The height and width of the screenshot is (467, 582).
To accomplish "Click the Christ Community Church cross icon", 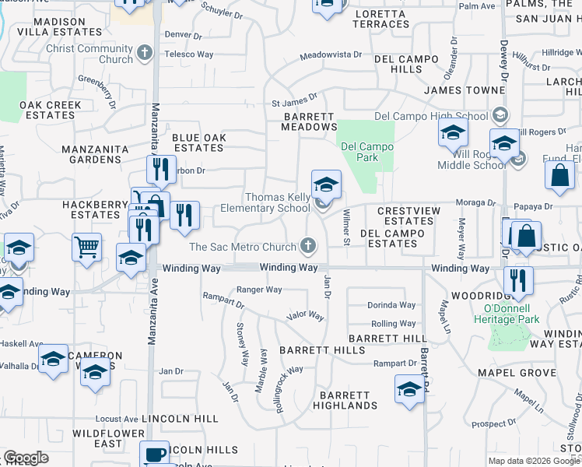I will (x=144, y=54).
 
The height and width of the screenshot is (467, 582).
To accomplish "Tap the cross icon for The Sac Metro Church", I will (x=309, y=247).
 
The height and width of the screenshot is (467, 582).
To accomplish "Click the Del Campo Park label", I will (x=367, y=152).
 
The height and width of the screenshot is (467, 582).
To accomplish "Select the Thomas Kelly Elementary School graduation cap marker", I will (x=327, y=185).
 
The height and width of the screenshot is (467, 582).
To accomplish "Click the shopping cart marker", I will (x=86, y=248).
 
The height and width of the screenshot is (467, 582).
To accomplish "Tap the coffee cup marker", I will (x=154, y=454).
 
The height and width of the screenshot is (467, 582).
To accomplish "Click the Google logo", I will (x=26, y=458).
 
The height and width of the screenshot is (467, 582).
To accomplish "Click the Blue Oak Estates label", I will (x=198, y=142).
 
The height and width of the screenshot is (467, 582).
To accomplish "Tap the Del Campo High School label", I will (x=431, y=117).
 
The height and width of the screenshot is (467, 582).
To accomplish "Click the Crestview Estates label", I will (x=405, y=216).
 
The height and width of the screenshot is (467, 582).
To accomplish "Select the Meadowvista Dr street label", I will (x=331, y=55).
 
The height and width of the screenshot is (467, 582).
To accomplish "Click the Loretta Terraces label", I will (x=380, y=19).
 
